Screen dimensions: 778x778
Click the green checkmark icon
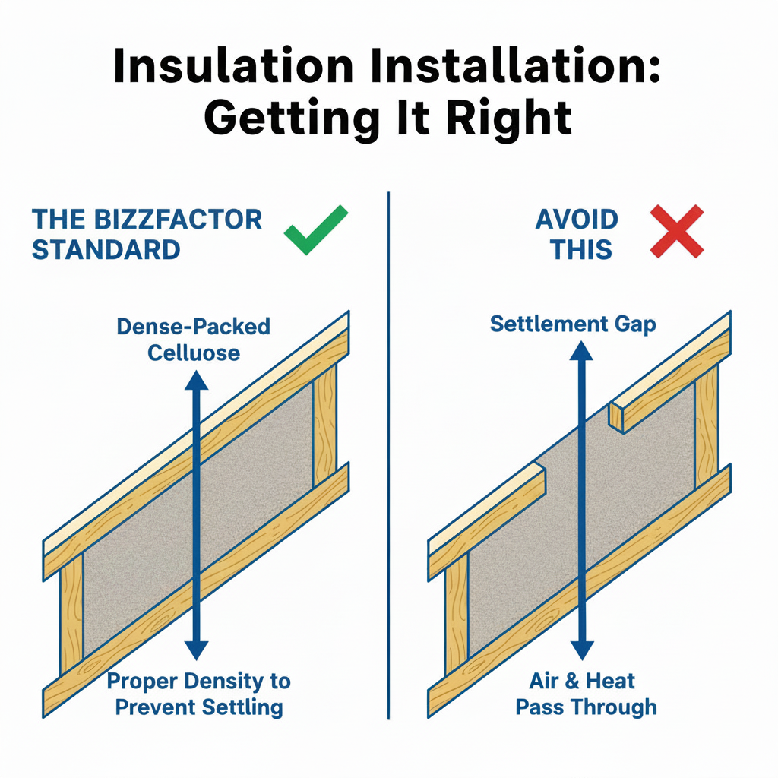[317, 229]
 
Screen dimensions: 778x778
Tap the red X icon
[677, 231]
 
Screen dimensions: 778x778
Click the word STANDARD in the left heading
[106, 249]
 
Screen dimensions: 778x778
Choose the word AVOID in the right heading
[577, 220]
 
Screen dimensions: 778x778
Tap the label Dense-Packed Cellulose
[194, 340]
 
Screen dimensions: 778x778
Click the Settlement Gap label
[573, 324]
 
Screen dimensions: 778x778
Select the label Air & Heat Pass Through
[586, 694]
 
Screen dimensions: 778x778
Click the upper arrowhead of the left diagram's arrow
[197, 379]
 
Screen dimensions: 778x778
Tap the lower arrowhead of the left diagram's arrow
[197, 650]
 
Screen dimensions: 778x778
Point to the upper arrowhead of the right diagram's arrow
[581, 349]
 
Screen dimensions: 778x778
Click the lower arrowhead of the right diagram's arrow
[581, 650]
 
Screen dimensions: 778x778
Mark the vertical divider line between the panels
[388, 456]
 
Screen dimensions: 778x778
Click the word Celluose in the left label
[194, 353]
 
